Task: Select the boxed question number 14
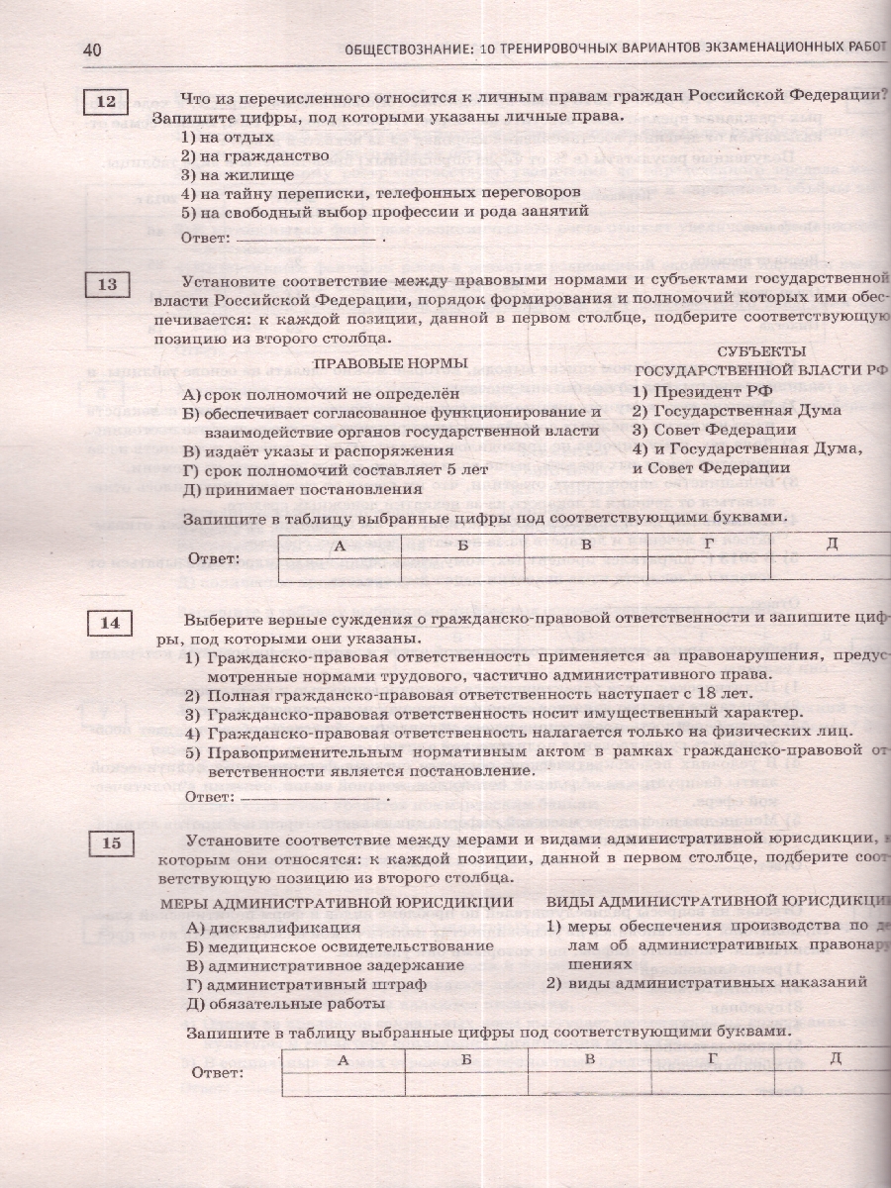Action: click(110, 623)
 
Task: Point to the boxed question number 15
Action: click(110, 843)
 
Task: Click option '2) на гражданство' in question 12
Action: click(254, 156)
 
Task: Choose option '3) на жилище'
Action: click(235, 174)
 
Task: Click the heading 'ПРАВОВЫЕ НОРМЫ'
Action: click(390, 363)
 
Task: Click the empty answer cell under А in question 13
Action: click(339, 569)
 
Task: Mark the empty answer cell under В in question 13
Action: click(585, 569)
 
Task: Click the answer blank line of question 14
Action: click(311, 797)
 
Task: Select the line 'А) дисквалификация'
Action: click(272, 928)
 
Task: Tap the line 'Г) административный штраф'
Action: click(306, 984)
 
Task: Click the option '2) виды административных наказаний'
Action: click(706, 982)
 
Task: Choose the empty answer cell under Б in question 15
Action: click(464, 1084)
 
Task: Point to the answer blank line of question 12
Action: click(308, 240)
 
